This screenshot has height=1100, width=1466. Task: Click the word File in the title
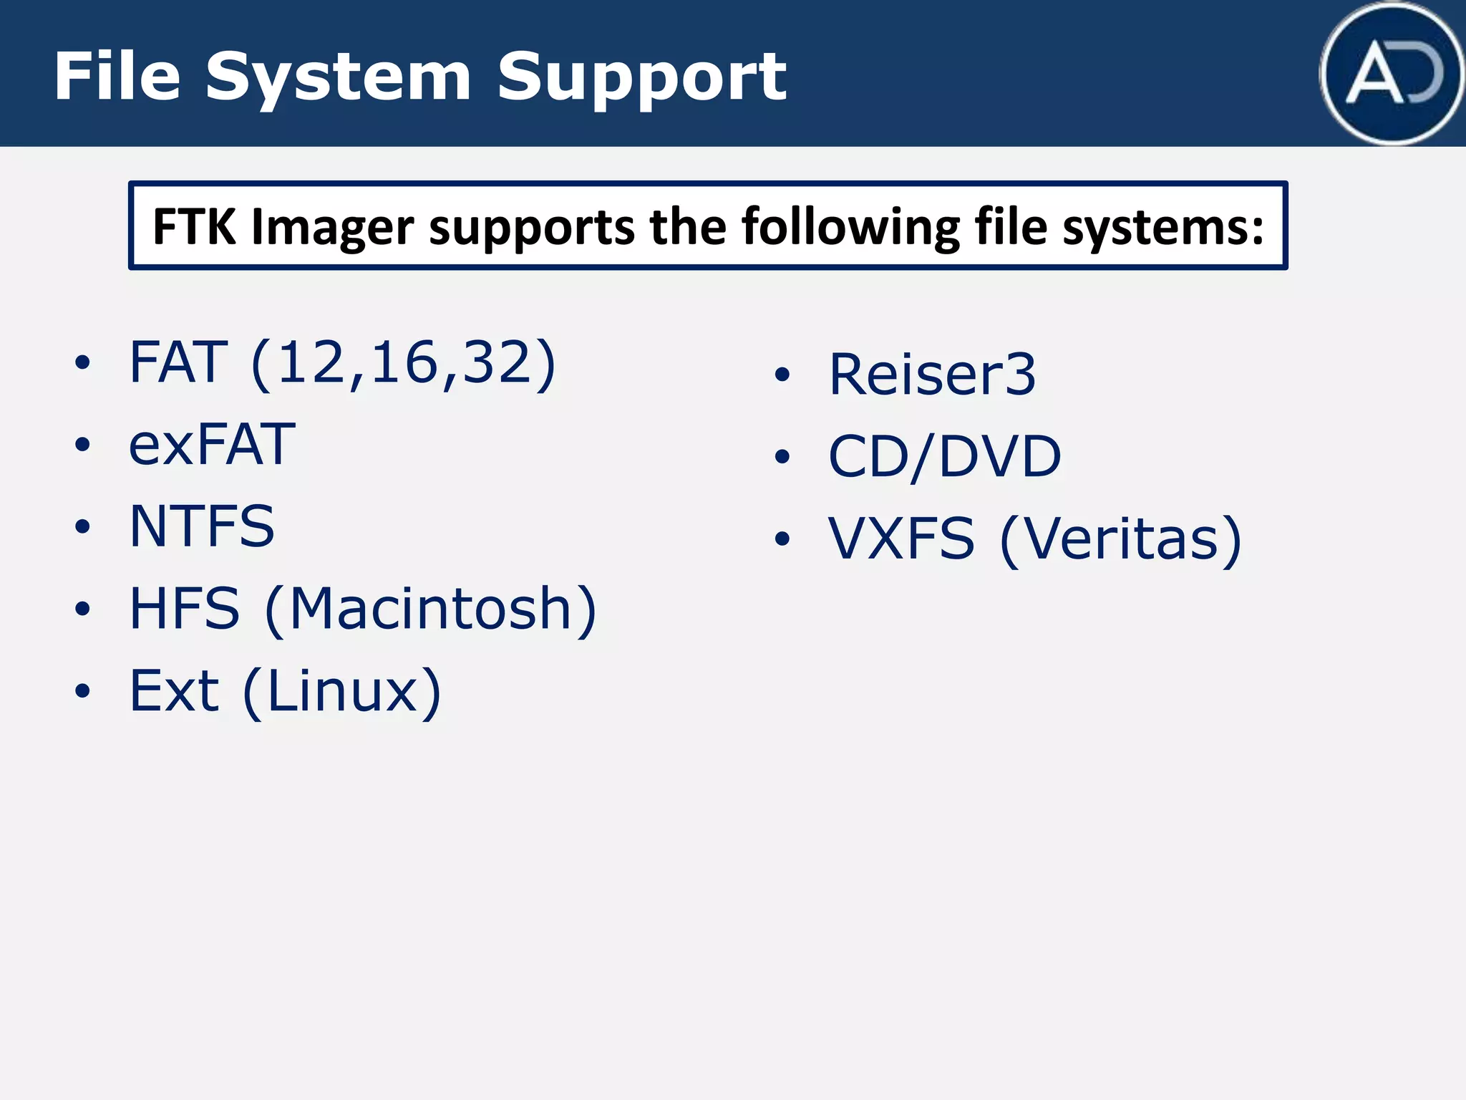[x=117, y=77]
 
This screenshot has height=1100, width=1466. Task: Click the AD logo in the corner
[x=1392, y=74]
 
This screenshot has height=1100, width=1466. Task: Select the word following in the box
[x=850, y=228]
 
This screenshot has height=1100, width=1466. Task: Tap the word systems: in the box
[x=1162, y=228]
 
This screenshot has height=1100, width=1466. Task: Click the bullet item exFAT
[x=212, y=444]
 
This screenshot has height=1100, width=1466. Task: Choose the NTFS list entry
[x=202, y=526]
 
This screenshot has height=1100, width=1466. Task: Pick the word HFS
[x=185, y=609]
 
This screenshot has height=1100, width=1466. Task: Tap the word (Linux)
[x=342, y=692]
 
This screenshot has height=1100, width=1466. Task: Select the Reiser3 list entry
[x=932, y=374]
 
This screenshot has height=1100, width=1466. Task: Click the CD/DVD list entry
[x=944, y=456]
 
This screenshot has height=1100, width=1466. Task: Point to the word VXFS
[x=901, y=539]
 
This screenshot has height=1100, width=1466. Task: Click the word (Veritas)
[x=1120, y=539]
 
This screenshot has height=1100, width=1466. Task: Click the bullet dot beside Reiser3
[x=782, y=375]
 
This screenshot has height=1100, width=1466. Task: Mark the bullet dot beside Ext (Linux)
[x=83, y=691]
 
